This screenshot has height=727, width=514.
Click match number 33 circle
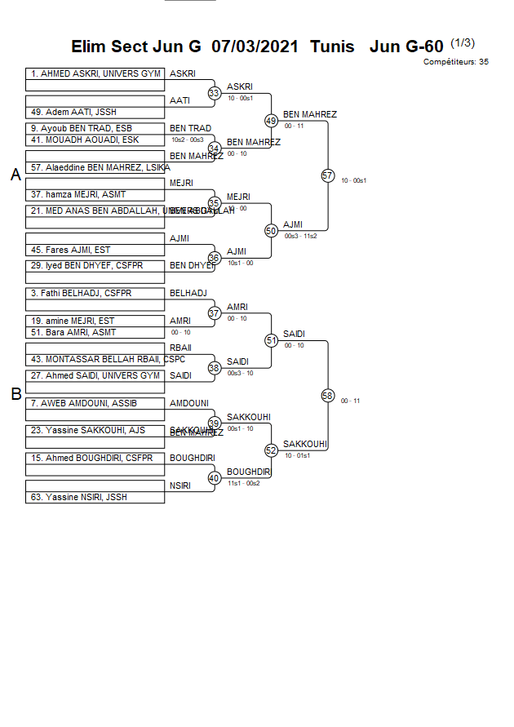pyautogui.click(x=215, y=94)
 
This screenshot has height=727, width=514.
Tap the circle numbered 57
pyautogui.click(x=328, y=175)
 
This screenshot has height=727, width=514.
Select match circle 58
pyautogui.click(x=328, y=396)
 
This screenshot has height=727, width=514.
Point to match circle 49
pyautogui.click(x=272, y=121)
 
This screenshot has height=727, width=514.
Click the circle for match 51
pyautogui.click(x=272, y=340)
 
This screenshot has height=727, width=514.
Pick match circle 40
pyautogui.click(x=215, y=478)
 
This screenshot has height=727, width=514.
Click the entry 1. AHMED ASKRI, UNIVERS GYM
pyautogui.click(x=95, y=74)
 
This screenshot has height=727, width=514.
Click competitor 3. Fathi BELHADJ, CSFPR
pyautogui.click(x=81, y=294)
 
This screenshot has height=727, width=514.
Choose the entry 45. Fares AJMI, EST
pyautogui.click(x=70, y=250)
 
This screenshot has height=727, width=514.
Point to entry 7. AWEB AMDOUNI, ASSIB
pyautogui.click(x=83, y=403)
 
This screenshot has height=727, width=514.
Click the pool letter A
pyautogui.click(x=16, y=175)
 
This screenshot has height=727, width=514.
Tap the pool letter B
pyautogui.click(x=16, y=395)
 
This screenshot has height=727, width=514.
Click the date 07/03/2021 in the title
pyautogui.click(x=255, y=47)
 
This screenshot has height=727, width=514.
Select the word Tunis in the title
pyautogui.click(x=332, y=47)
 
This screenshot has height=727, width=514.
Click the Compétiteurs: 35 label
pyautogui.click(x=456, y=62)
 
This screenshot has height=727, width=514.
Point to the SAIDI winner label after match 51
pyautogui.click(x=294, y=334)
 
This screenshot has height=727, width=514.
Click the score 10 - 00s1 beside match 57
pyautogui.click(x=353, y=180)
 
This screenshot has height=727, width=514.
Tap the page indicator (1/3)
pyautogui.click(x=463, y=42)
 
